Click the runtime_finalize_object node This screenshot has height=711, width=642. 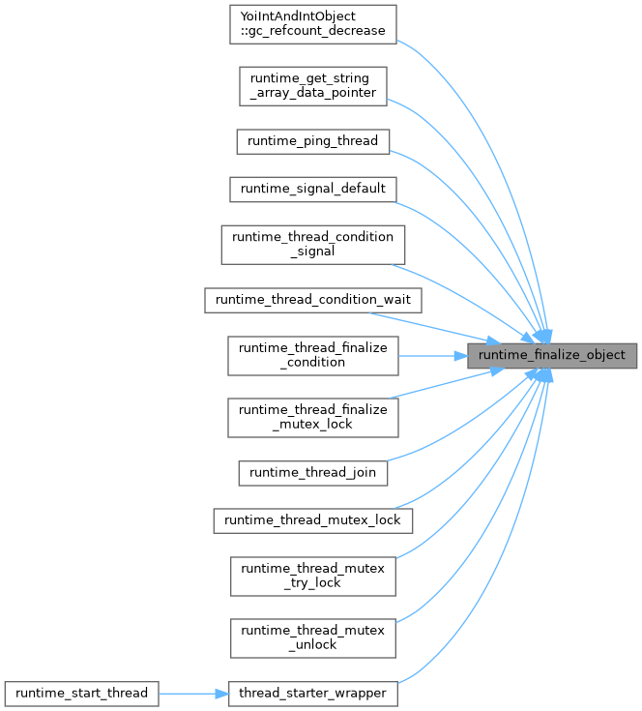click(553, 355)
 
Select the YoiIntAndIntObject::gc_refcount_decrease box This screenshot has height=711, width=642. click(313, 23)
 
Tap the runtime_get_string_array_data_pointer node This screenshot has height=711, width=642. click(313, 85)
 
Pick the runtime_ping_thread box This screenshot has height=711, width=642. click(313, 140)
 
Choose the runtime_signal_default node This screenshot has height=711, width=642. click(313, 188)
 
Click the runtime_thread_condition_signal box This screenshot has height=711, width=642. click(313, 244)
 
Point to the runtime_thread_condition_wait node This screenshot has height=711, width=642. click(313, 300)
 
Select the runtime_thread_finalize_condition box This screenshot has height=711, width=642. click(313, 355)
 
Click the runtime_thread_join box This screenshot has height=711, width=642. click(313, 473)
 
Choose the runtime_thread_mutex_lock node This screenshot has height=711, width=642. click(313, 520)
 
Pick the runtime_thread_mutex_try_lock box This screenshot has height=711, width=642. click(313, 576)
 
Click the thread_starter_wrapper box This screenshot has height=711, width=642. click(313, 694)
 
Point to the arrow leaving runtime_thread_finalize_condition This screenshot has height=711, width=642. click(430, 355)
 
